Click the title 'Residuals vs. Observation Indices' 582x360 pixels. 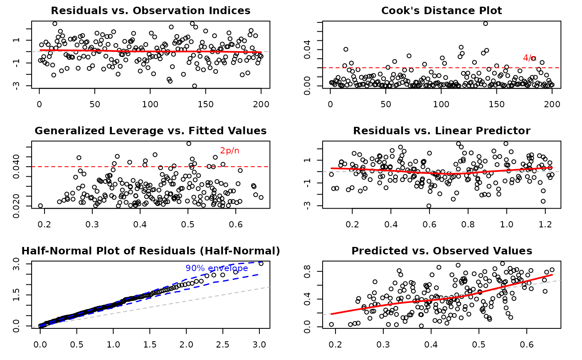[x=150, y=10]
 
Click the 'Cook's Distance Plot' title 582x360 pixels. [x=441, y=10]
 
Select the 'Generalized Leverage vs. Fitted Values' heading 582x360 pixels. [x=150, y=131]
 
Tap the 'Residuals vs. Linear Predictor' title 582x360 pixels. [x=441, y=131]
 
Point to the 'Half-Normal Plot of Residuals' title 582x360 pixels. [x=150, y=251]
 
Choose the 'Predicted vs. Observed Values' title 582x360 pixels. [x=441, y=251]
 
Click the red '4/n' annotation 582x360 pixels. [x=530, y=58]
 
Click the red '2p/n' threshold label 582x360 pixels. [x=229, y=151]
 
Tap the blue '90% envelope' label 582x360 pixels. [x=217, y=269]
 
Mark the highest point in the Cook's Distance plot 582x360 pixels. [x=485, y=24]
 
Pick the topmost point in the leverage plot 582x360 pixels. [x=189, y=143]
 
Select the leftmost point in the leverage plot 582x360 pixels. [x=40, y=206]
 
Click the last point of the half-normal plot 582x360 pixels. [x=261, y=264]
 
